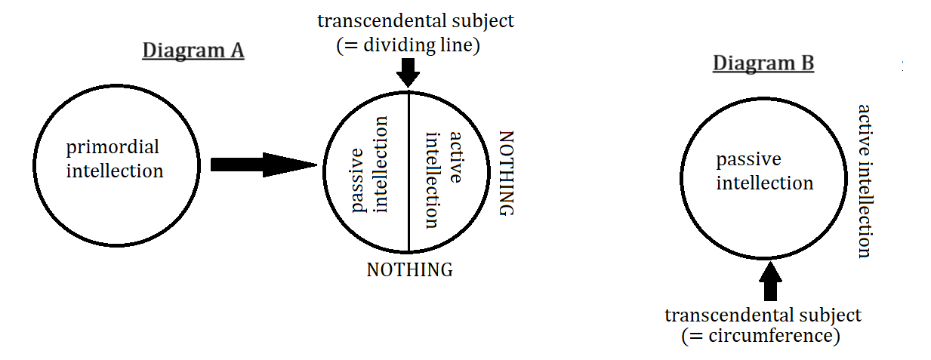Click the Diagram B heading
click(763, 63)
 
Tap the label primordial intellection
click(115, 158)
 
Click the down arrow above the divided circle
click(408, 72)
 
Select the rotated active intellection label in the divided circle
click(443, 179)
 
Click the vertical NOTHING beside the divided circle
click(505, 173)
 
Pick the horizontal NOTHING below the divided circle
click(409, 269)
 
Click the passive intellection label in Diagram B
click(765, 171)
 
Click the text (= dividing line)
click(408, 45)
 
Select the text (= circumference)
click(761, 336)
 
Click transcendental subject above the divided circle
click(416, 20)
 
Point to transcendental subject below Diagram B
click(763, 315)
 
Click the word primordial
click(113, 146)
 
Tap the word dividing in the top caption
click(397, 45)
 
